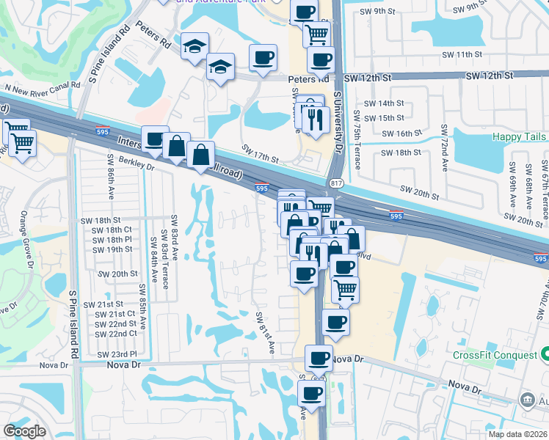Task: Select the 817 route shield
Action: [x=336, y=183]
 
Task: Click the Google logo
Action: [x=24, y=430]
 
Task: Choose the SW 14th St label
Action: [x=387, y=103]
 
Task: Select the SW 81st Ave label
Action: [x=264, y=332]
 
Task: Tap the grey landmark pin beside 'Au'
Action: [x=526, y=400]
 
